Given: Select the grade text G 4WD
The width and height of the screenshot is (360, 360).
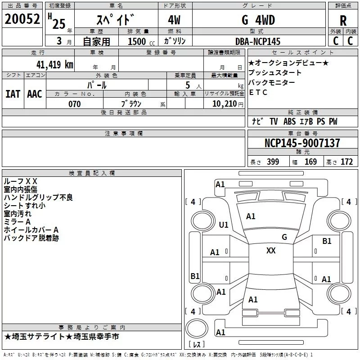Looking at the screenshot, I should [x=258, y=20].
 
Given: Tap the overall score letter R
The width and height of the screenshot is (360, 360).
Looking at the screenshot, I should [x=343, y=21].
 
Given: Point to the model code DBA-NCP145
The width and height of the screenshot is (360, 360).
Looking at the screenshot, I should [x=258, y=41].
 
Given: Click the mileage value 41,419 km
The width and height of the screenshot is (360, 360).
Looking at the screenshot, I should [x=53, y=64].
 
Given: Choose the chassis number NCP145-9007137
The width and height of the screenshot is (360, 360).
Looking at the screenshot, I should [x=302, y=144].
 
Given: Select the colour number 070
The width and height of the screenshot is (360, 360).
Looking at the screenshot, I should [x=75, y=104].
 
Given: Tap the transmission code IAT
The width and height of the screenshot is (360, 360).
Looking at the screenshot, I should [x=13, y=94].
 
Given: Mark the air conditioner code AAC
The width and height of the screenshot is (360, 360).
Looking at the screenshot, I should [x=34, y=94].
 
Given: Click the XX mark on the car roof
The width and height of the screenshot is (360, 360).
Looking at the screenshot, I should [x=271, y=251].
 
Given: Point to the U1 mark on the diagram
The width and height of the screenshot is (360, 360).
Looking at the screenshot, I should [x=224, y=225].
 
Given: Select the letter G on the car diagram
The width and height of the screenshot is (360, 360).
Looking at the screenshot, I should [x=284, y=237].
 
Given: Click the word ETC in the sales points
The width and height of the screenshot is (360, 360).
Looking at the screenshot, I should [x=258, y=93].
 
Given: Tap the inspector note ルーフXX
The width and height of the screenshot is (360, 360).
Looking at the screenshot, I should [x=21, y=181].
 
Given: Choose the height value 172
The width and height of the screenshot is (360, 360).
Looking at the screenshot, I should [x=346, y=162].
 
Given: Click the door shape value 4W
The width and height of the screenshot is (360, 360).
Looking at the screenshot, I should [x=175, y=20].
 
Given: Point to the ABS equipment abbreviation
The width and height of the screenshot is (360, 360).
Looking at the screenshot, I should [x=289, y=121].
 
